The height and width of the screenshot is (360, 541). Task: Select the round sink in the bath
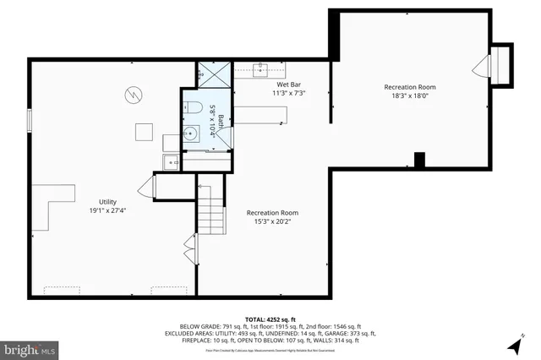click(x=193, y=133)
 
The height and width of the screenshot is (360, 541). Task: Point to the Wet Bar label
click(x=290, y=85)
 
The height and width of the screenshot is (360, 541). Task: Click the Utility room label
click(x=107, y=201)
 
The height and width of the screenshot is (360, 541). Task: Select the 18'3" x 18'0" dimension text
click(x=409, y=95)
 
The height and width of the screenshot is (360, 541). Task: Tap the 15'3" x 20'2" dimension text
click(x=272, y=221)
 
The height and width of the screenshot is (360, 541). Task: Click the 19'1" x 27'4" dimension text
click(x=107, y=210)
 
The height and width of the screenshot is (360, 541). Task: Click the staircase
click(x=211, y=211)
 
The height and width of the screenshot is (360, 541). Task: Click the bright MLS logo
click(x=30, y=348)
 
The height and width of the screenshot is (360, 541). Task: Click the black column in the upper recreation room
click(x=418, y=159)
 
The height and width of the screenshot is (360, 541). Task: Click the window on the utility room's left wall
click(x=30, y=121)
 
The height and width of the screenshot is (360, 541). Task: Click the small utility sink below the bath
click(x=172, y=161)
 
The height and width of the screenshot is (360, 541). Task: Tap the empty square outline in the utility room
click(x=145, y=131)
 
